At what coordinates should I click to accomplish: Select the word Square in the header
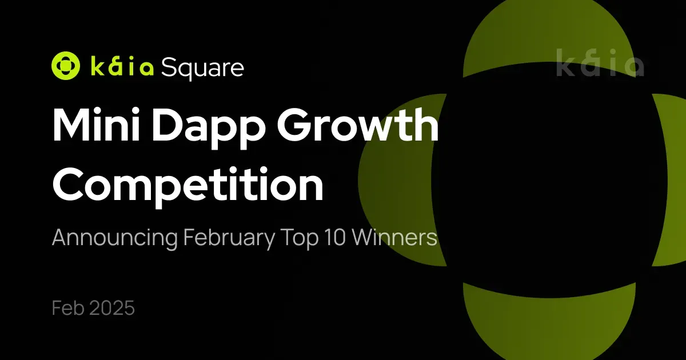(x=202, y=68)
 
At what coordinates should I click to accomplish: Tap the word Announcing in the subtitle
(x=114, y=238)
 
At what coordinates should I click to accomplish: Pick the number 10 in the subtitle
(x=333, y=238)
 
